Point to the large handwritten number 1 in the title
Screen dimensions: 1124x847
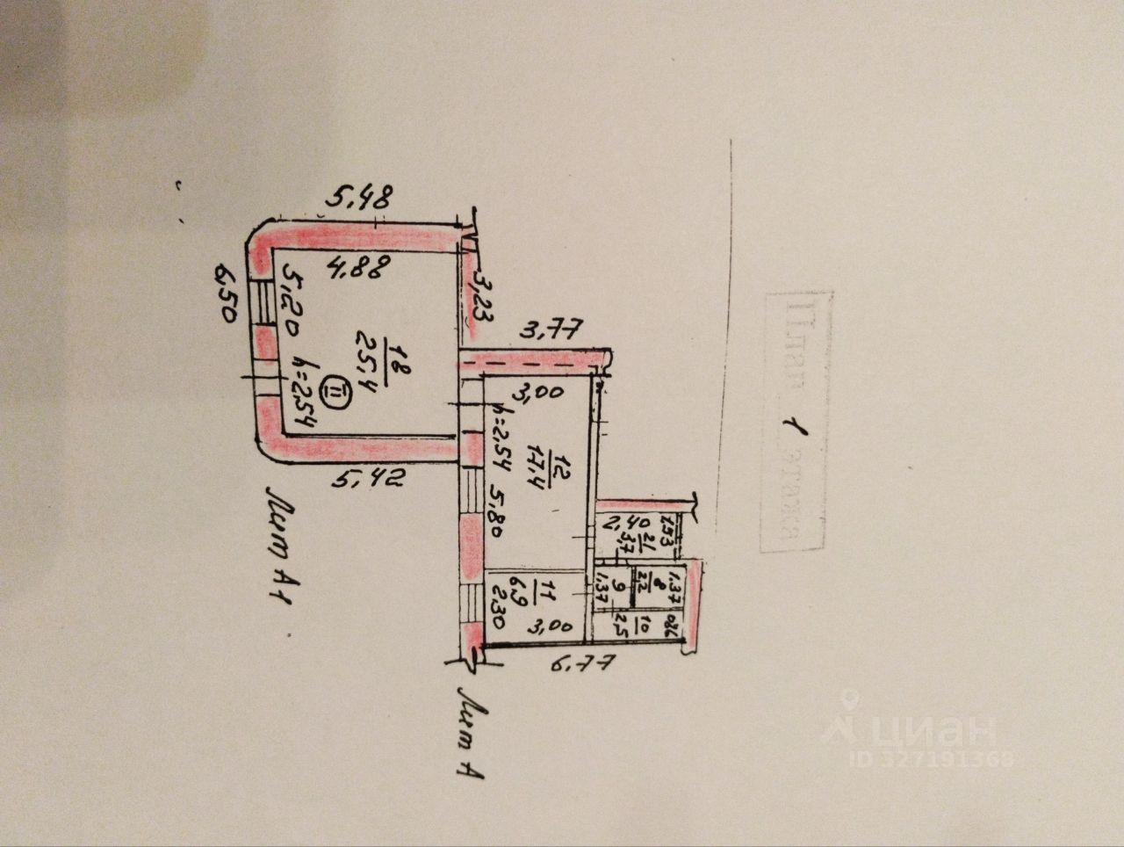pyautogui.click(x=795, y=436)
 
